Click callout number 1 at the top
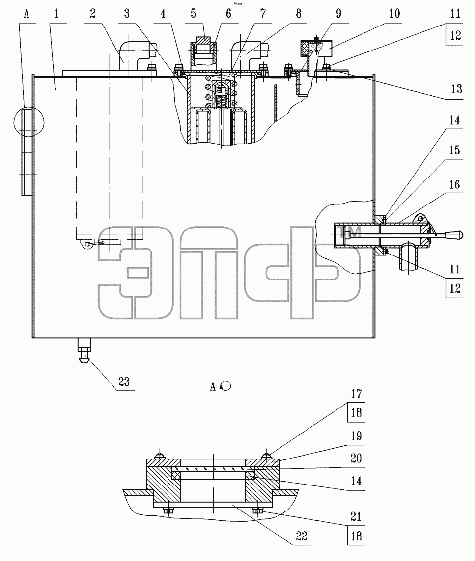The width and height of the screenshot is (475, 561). (x=56, y=14)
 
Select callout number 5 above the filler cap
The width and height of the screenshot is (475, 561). (x=193, y=14)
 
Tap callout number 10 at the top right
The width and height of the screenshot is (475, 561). (x=394, y=14)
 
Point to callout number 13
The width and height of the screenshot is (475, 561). (x=456, y=89)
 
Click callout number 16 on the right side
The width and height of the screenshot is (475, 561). (x=454, y=185)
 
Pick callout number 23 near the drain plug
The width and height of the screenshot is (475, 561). (x=124, y=382)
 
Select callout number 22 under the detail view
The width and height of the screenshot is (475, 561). (x=302, y=535)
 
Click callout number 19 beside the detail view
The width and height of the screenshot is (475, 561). (x=356, y=436)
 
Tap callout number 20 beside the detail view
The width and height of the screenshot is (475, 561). (x=356, y=459)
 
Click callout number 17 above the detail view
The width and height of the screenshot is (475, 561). (x=356, y=394)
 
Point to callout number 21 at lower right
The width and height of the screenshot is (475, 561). (x=356, y=517)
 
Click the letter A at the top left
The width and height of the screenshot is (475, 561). (x=26, y=14)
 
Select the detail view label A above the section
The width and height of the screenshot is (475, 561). (x=213, y=387)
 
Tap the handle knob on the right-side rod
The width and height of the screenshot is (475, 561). (x=453, y=235)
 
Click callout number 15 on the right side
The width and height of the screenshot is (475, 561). (x=454, y=150)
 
